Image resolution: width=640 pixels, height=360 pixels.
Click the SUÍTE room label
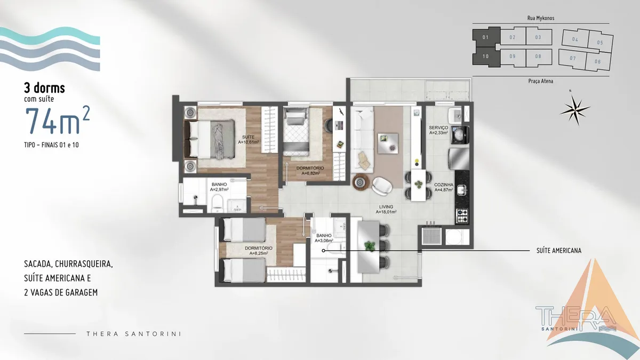pos(248,137)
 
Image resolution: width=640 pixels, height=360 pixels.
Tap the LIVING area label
pos(386,207)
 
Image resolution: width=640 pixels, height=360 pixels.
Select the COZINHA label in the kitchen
pos(444,185)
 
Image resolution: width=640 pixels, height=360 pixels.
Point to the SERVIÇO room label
pos(438,127)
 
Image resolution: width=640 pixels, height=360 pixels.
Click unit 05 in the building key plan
pos(599,43)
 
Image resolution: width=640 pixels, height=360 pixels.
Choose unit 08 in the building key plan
pos(538,57)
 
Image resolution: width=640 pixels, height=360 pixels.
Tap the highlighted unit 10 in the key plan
pos(486,57)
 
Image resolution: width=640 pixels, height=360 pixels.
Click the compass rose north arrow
pos(575,109)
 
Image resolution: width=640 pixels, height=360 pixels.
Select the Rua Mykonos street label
pos(541,18)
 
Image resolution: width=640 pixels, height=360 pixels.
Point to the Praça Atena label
pos(541,81)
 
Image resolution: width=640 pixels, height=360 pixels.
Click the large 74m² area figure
pos(58,120)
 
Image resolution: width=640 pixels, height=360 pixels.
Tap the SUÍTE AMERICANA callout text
pos(559,251)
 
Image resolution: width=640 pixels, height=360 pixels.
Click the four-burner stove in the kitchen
pos(462,216)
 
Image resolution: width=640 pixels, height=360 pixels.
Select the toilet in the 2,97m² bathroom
pos(218,203)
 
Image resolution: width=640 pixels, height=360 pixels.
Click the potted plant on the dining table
pos(370,246)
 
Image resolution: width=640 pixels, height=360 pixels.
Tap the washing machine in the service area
pos(460,135)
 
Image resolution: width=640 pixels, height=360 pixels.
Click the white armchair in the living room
pos(383,186)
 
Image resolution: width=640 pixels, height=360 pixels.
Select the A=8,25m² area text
pos(259,253)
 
